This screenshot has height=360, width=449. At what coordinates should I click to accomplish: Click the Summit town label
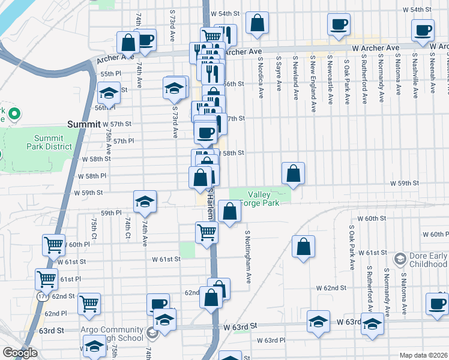pos(83,124)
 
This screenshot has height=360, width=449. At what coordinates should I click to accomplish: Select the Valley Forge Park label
pos(259,199)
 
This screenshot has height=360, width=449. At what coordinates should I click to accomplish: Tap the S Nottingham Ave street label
pos(247,257)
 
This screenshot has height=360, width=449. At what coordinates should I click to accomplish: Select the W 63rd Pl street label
pos(271,340)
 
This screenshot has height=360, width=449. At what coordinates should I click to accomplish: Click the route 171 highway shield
pos(41,296)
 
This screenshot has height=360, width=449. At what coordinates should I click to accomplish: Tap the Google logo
pos(20,353)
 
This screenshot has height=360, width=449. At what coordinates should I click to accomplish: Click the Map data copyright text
pos(423,355)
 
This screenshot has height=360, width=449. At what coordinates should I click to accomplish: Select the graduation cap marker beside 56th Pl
pos(109,93)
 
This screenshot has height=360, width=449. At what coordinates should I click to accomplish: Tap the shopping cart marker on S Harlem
pos(206,232)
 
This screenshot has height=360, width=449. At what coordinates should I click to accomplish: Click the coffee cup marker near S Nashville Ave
pos(423,29)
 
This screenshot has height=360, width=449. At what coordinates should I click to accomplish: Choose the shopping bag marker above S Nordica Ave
pos(257,23)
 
